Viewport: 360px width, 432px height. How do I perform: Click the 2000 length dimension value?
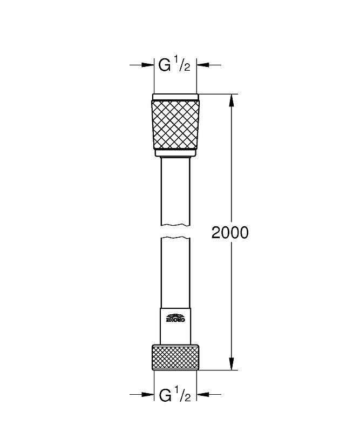[x=230, y=233]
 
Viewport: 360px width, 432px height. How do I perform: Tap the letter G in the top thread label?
[x=165, y=66]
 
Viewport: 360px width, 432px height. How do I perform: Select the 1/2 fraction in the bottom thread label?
[x=182, y=395]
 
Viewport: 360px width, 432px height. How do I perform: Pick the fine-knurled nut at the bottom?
[x=175, y=357]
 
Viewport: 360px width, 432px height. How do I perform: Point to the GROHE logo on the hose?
[x=175, y=318]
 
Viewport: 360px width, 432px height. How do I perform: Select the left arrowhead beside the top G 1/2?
[x=148, y=65]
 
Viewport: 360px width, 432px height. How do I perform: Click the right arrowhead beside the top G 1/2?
[x=203, y=65]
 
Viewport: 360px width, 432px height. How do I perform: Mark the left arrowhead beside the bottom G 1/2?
[x=148, y=395]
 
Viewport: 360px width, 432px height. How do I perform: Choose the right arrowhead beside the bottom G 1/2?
[x=203, y=395]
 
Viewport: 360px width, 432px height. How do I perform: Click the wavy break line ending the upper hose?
[x=175, y=225]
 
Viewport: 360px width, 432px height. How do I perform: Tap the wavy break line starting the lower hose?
[x=175, y=238]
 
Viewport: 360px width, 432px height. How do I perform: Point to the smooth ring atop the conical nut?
[x=175, y=97]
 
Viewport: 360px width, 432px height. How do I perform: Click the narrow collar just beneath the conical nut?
[x=175, y=153]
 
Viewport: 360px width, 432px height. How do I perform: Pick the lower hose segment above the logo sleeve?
[x=175, y=273]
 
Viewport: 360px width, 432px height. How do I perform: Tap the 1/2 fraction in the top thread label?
[x=182, y=66]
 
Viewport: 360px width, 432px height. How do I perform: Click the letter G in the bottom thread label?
[x=165, y=395]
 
